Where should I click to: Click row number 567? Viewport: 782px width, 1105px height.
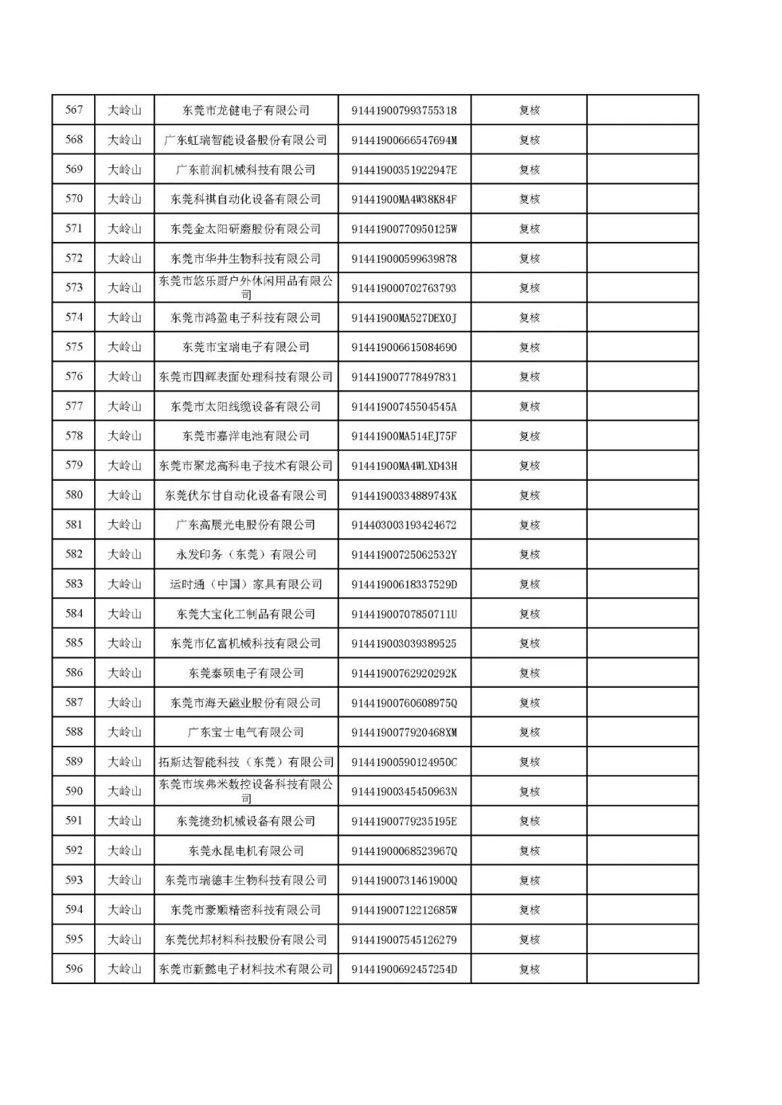[74, 110]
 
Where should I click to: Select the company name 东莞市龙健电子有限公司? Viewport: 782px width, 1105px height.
[245, 111]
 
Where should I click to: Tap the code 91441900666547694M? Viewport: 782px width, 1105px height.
[404, 140]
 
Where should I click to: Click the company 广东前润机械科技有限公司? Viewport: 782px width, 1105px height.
[245, 170]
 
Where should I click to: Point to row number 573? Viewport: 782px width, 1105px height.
[74, 287]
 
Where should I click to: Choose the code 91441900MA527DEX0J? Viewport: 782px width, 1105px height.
[404, 318]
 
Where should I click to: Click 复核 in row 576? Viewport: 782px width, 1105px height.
[529, 377]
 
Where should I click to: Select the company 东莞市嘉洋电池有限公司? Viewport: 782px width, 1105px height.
[245, 436]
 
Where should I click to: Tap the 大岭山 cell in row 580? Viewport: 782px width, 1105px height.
[125, 495]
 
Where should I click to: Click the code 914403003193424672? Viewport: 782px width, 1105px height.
[404, 525]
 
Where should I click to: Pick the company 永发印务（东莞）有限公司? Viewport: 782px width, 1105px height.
[245, 555]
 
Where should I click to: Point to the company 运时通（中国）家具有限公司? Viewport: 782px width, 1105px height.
[245, 584]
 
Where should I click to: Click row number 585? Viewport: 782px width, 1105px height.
[74, 643]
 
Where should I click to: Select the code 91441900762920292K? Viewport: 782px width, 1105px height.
[404, 673]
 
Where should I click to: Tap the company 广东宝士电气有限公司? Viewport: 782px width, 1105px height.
[245, 732]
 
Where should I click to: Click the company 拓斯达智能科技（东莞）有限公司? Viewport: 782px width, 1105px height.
[245, 762]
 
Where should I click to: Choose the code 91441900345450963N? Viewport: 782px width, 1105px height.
[404, 791]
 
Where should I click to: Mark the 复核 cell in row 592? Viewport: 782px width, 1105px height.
[529, 851]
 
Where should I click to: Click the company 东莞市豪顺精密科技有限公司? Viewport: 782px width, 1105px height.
[245, 910]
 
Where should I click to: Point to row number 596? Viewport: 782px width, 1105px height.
[74, 969]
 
